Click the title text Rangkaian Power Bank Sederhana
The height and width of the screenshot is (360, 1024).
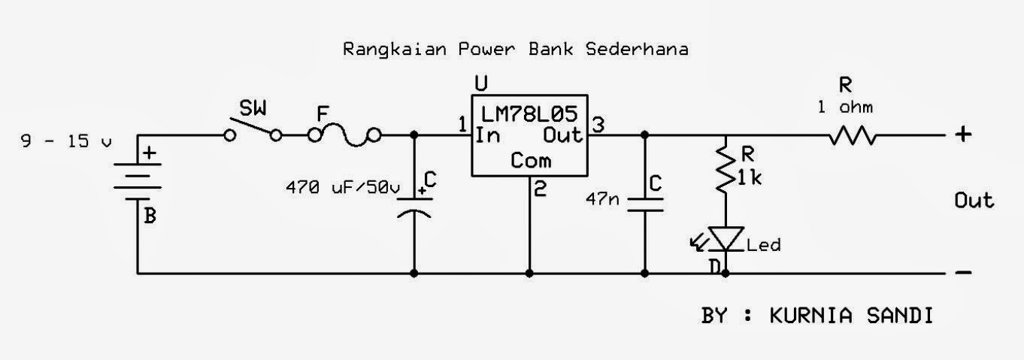pyautogui.click(x=515, y=50)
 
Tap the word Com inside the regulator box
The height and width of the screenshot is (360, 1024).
pyautogui.click(x=530, y=160)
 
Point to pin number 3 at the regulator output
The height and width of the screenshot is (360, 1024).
pyautogui.click(x=598, y=125)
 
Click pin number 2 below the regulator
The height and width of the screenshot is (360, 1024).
pyautogui.click(x=539, y=190)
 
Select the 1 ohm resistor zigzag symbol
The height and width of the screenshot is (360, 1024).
pyautogui.click(x=853, y=136)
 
